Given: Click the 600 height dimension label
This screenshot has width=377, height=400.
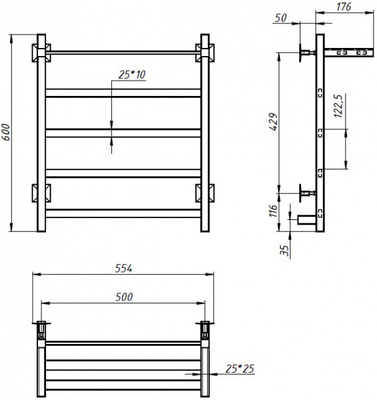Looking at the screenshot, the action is click(x=5, y=132).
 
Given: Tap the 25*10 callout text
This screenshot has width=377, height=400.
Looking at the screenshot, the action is click(x=132, y=75).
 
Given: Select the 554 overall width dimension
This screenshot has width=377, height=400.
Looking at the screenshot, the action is click(x=124, y=269).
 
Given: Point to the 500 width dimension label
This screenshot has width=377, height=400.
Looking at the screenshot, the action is click(x=124, y=297).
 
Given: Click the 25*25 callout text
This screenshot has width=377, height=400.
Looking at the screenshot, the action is click(x=240, y=369).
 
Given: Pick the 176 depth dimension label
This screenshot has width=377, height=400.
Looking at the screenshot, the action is click(x=344, y=7).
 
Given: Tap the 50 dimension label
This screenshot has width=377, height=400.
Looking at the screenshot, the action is click(x=280, y=18).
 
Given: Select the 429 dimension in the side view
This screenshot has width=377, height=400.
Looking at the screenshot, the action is click(x=274, y=122).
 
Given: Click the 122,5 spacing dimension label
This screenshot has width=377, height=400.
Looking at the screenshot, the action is click(x=338, y=106).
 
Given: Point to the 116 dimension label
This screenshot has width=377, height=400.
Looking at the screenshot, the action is click(x=273, y=211).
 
